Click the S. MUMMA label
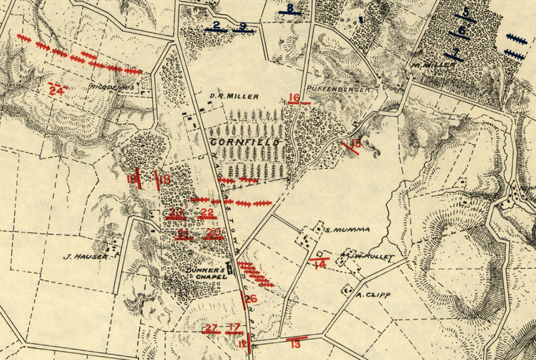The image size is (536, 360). [347, 230]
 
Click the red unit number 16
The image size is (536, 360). [294, 99]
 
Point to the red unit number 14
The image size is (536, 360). [320, 265]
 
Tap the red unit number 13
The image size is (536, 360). [295, 344]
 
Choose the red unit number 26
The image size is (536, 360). [251, 299]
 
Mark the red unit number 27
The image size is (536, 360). [212, 328]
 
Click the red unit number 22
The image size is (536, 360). [207, 213]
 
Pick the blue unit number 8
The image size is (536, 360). [289, 9]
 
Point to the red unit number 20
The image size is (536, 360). [214, 233]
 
